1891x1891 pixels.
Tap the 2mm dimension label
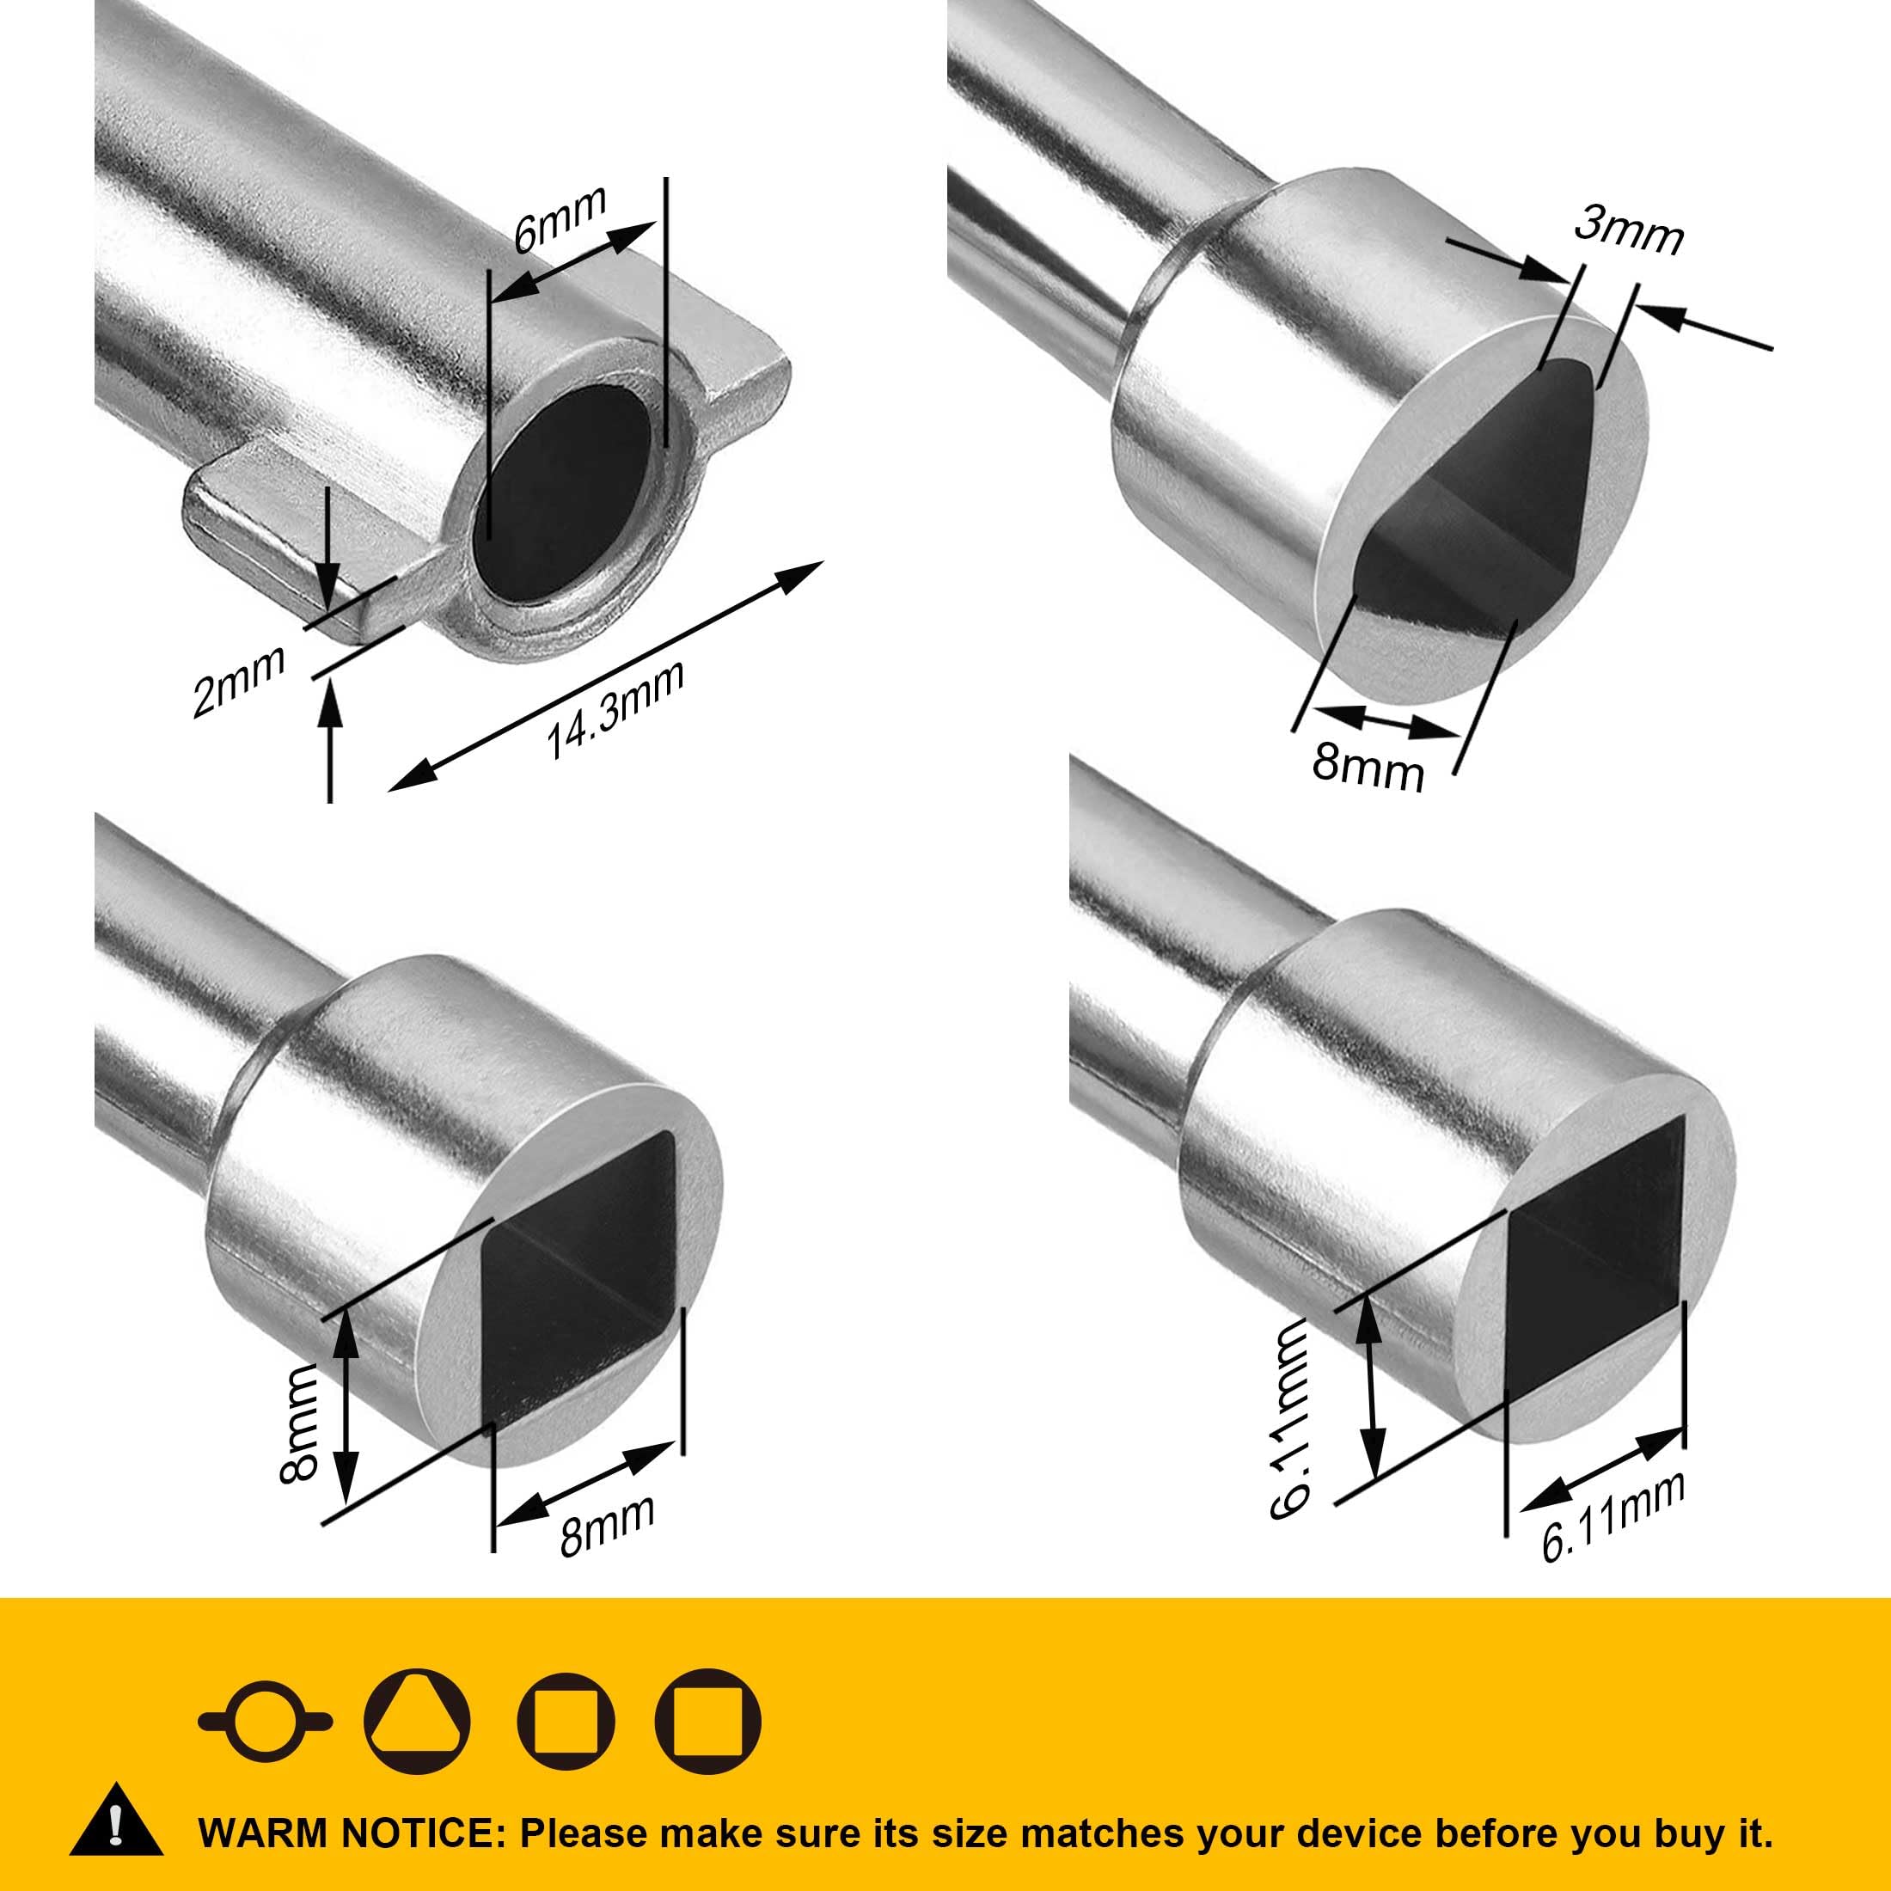[239, 682]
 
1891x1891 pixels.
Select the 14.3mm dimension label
[614, 711]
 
